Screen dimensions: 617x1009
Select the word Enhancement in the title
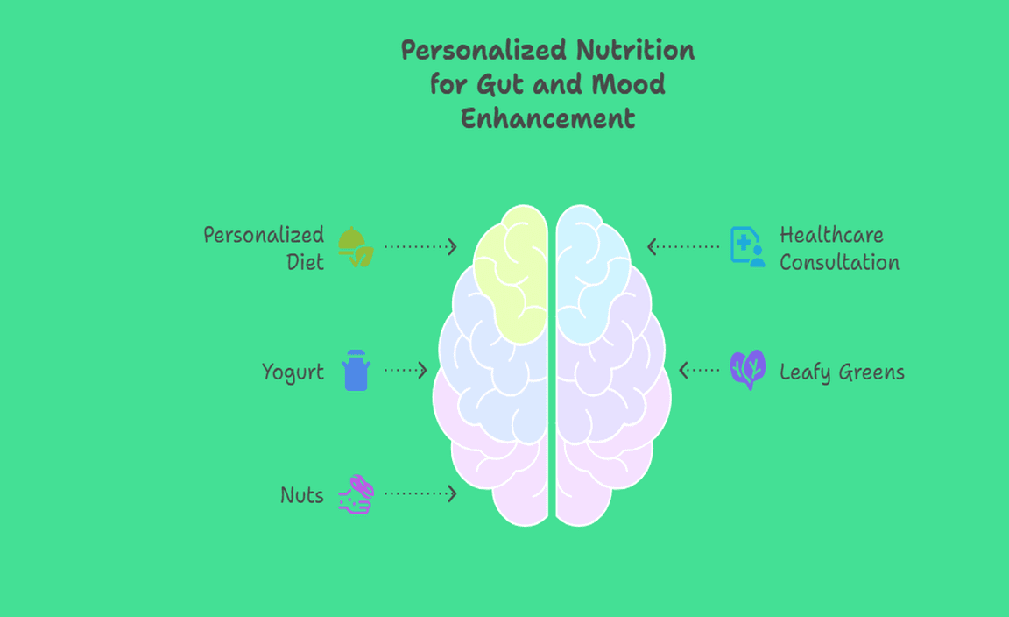click(x=547, y=118)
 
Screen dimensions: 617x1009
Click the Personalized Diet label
click(x=264, y=248)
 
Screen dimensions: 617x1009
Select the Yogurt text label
click(x=293, y=372)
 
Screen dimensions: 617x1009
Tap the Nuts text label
click(x=301, y=496)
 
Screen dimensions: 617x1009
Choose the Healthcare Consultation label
click(x=839, y=248)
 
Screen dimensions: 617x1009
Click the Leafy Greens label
click(x=842, y=372)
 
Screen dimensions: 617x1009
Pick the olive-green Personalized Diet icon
click(x=356, y=246)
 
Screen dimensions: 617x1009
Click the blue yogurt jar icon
click(x=356, y=370)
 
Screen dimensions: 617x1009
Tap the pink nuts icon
click(x=356, y=494)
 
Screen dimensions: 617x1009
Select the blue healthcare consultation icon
click(x=747, y=246)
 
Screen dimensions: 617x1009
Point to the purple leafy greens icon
click(x=747, y=370)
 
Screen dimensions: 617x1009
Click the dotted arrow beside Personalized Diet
click(x=420, y=247)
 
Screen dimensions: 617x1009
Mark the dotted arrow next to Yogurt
click(x=406, y=371)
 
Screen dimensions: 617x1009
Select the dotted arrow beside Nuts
click(x=420, y=494)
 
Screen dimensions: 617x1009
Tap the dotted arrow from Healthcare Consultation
click(x=683, y=247)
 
